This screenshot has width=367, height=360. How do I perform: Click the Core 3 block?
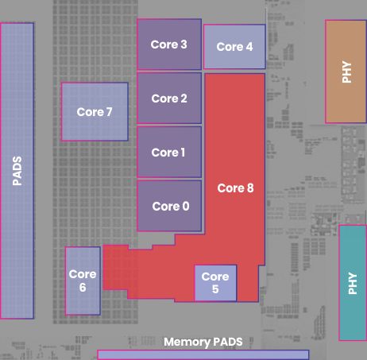point(169,45)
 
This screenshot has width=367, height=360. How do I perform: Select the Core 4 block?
point(234,47)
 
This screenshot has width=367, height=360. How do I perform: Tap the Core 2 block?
point(169,99)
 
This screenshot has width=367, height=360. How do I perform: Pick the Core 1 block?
point(169,152)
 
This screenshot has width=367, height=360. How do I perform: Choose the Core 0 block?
point(169,206)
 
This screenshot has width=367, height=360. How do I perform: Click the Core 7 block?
point(95,111)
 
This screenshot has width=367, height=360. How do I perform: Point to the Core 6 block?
point(83,281)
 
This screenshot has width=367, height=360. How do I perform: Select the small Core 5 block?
point(215,283)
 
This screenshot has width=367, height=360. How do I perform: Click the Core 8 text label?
point(235,188)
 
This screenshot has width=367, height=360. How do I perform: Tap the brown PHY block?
point(346,72)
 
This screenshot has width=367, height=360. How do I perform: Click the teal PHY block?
point(353,283)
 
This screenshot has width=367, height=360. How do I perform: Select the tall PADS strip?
point(17,171)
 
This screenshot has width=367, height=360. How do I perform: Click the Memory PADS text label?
point(203,342)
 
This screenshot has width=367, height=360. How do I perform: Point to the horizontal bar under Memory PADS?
point(203,355)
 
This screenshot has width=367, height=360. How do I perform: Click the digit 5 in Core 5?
point(215,289)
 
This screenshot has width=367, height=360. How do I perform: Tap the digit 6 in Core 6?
point(83,288)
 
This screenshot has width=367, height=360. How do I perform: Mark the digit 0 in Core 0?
point(186,207)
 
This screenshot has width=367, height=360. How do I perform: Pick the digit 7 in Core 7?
point(109,112)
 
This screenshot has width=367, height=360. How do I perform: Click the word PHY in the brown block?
point(346,72)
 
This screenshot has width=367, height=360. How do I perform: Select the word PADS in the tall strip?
point(17,171)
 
